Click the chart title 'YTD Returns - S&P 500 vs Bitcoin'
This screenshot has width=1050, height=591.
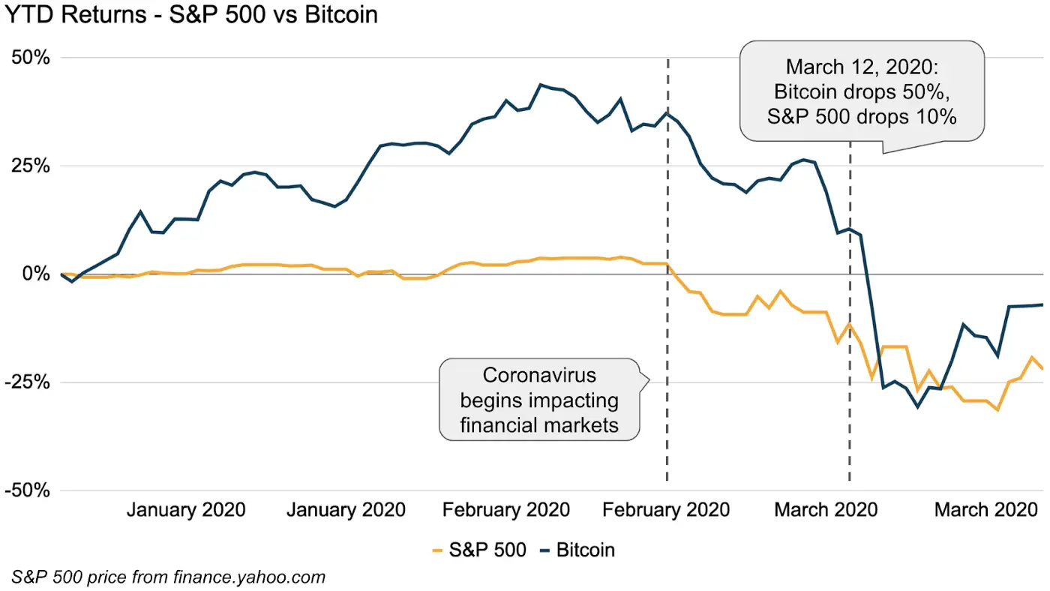(x=189, y=13)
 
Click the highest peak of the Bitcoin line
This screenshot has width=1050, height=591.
(x=541, y=85)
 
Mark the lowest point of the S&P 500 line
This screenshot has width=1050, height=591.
(x=997, y=409)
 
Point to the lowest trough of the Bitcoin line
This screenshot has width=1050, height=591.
(x=916, y=406)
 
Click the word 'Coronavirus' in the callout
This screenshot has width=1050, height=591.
(x=539, y=375)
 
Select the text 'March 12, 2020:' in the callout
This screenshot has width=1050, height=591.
(x=861, y=67)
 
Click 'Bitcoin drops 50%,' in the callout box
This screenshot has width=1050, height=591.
(x=861, y=92)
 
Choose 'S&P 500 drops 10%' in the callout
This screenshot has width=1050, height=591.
(x=861, y=117)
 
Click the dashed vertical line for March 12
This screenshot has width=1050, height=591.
(x=850, y=337)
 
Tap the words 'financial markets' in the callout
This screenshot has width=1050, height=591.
(x=539, y=424)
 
